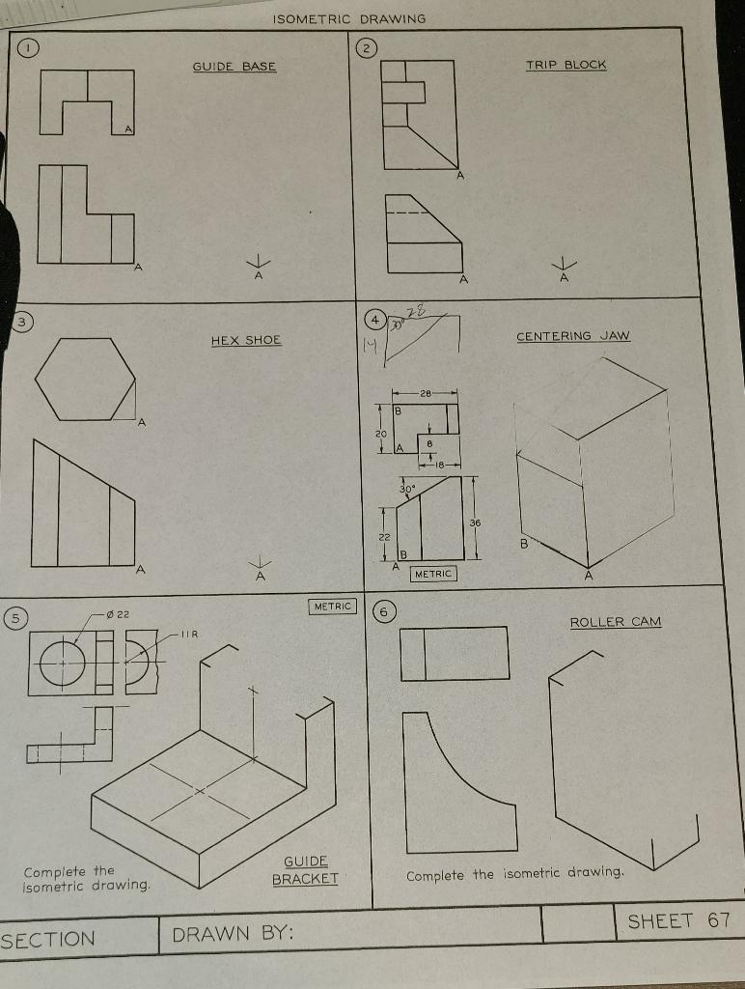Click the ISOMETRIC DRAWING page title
coord(348,19)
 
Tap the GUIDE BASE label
coord(235,67)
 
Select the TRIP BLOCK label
coord(566,65)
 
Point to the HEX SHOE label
coord(246,340)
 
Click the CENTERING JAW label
coord(572,336)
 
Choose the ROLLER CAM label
coord(616,622)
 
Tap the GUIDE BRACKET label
coord(305,870)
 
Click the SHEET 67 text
coord(678,920)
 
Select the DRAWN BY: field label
coord(233,934)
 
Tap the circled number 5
coord(16,615)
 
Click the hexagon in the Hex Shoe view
coord(85,379)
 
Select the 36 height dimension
coord(474,523)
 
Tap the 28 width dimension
coord(425,393)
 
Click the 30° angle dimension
coord(407,489)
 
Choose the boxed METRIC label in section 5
coord(333,607)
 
